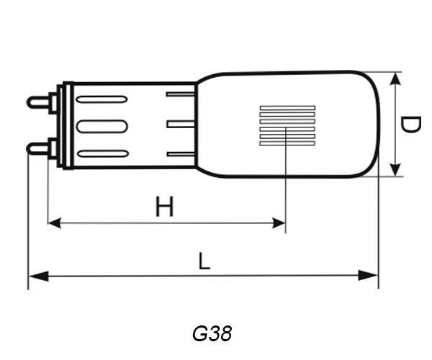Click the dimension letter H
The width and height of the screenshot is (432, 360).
pyautogui.click(x=165, y=207)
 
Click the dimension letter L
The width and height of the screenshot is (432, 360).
pyautogui.click(x=204, y=261)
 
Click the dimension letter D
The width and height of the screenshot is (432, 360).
pyautogui.click(x=410, y=125)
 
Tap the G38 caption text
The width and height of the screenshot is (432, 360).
pyautogui.click(x=212, y=334)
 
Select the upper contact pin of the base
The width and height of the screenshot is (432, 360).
pyautogui.click(x=40, y=102)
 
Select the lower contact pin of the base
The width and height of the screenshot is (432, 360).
pyautogui.click(x=40, y=148)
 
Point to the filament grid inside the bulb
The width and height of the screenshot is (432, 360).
pyautogui.click(x=287, y=126)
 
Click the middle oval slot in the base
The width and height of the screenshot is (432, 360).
pyautogui.click(x=102, y=126)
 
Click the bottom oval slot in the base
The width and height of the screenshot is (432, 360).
pyautogui.click(x=102, y=153)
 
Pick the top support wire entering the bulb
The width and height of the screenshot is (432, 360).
pyautogui.click(x=181, y=94)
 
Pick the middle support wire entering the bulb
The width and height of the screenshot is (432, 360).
pyautogui.click(x=181, y=124)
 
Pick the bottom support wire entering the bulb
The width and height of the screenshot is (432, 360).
pyautogui.click(x=181, y=153)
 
